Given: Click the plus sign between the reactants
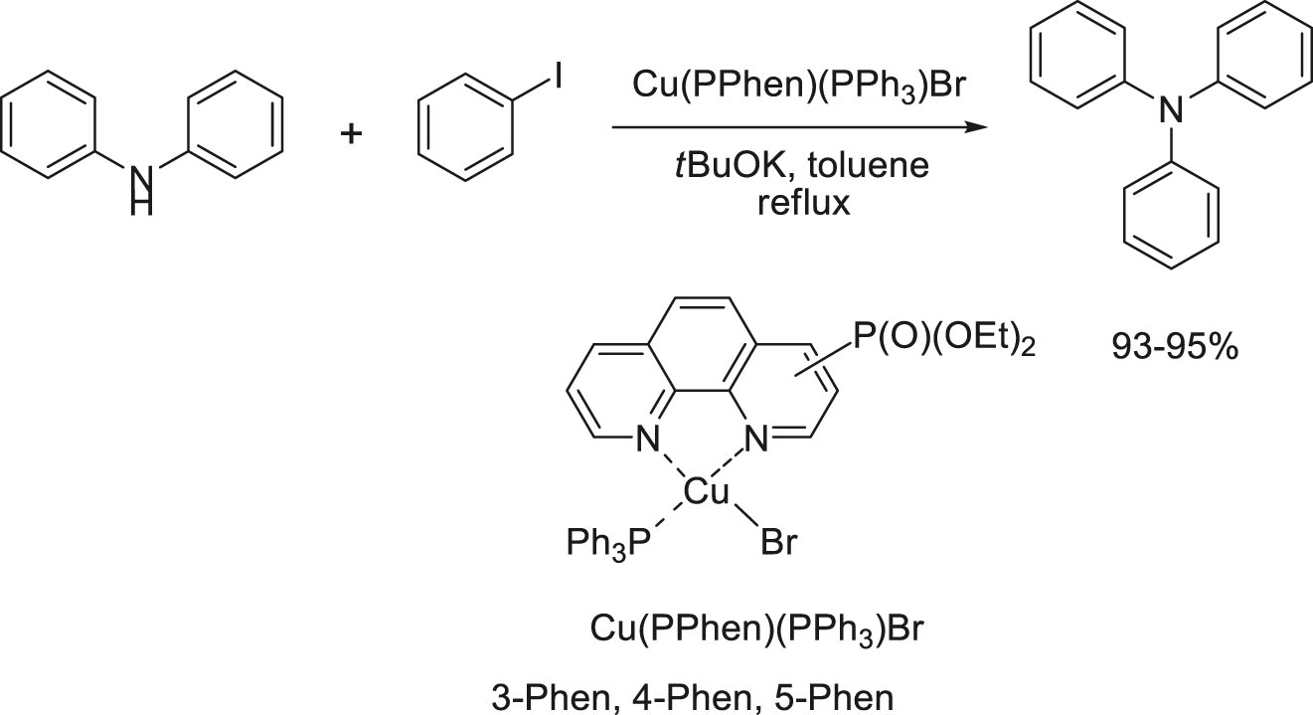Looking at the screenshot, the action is [351, 135].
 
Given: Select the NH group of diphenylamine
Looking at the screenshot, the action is [142, 190].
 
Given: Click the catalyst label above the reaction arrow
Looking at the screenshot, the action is [798, 86].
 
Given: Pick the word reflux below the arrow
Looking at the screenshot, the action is [804, 204].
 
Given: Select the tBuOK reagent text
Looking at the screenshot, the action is [737, 166].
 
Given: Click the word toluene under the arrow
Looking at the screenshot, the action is [870, 166].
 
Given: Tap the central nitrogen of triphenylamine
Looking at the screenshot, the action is [1171, 109].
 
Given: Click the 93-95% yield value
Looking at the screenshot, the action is [1175, 347].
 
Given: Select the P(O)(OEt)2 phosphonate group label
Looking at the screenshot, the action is [943, 340].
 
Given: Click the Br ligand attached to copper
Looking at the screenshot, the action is [779, 543].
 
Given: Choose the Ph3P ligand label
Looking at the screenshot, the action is [609, 544].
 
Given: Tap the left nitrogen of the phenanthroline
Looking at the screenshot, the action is [648, 439].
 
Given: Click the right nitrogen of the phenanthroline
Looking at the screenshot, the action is [756, 439].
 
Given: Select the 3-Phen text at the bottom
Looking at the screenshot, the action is [551, 698].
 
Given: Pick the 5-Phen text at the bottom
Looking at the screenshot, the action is [834, 698].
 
